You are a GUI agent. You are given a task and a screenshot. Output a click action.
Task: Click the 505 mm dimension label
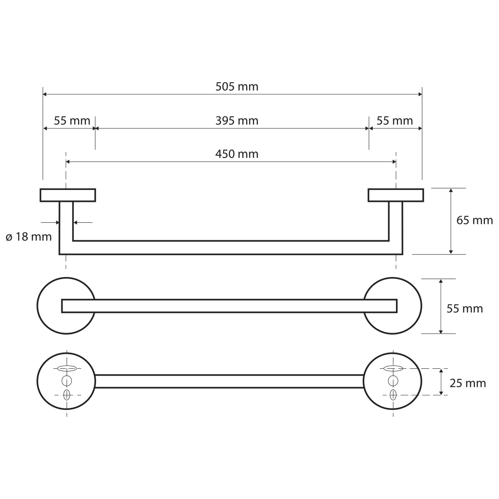point(237,86)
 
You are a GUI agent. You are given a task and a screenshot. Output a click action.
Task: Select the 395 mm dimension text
point(237,121)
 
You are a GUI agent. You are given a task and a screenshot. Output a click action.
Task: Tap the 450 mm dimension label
point(237,154)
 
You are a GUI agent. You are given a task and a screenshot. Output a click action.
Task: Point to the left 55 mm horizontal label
point(72,121)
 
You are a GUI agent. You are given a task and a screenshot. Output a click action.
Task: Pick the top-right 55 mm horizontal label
point(395,121)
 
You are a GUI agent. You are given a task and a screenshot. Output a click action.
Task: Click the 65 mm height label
point(475,220)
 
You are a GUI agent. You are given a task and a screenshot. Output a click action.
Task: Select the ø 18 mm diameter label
point(29,237)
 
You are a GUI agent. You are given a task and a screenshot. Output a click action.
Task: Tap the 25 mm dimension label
point(468,383)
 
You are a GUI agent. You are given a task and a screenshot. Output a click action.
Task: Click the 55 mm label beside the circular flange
point(465,309)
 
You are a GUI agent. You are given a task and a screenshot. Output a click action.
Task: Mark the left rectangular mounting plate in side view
point(68,195)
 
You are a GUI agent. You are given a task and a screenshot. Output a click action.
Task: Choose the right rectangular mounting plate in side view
point(396,195)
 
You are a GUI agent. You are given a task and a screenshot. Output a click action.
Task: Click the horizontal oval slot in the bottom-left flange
point(67,369)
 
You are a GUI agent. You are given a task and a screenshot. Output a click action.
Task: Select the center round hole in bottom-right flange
point(393,381)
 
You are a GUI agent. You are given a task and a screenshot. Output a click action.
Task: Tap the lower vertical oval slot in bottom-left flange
point(67,395)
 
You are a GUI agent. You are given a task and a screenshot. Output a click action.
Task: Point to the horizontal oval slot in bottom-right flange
point(393,369)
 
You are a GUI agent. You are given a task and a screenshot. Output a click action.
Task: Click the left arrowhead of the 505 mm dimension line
point(45,94)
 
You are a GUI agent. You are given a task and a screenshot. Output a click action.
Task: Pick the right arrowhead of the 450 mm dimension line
point(394,162)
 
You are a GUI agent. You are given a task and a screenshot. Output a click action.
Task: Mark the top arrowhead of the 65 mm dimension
point(450,190)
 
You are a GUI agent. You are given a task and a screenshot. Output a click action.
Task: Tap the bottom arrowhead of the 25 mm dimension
point(441,393)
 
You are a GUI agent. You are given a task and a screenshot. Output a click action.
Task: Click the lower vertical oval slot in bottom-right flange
point(393,395)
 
